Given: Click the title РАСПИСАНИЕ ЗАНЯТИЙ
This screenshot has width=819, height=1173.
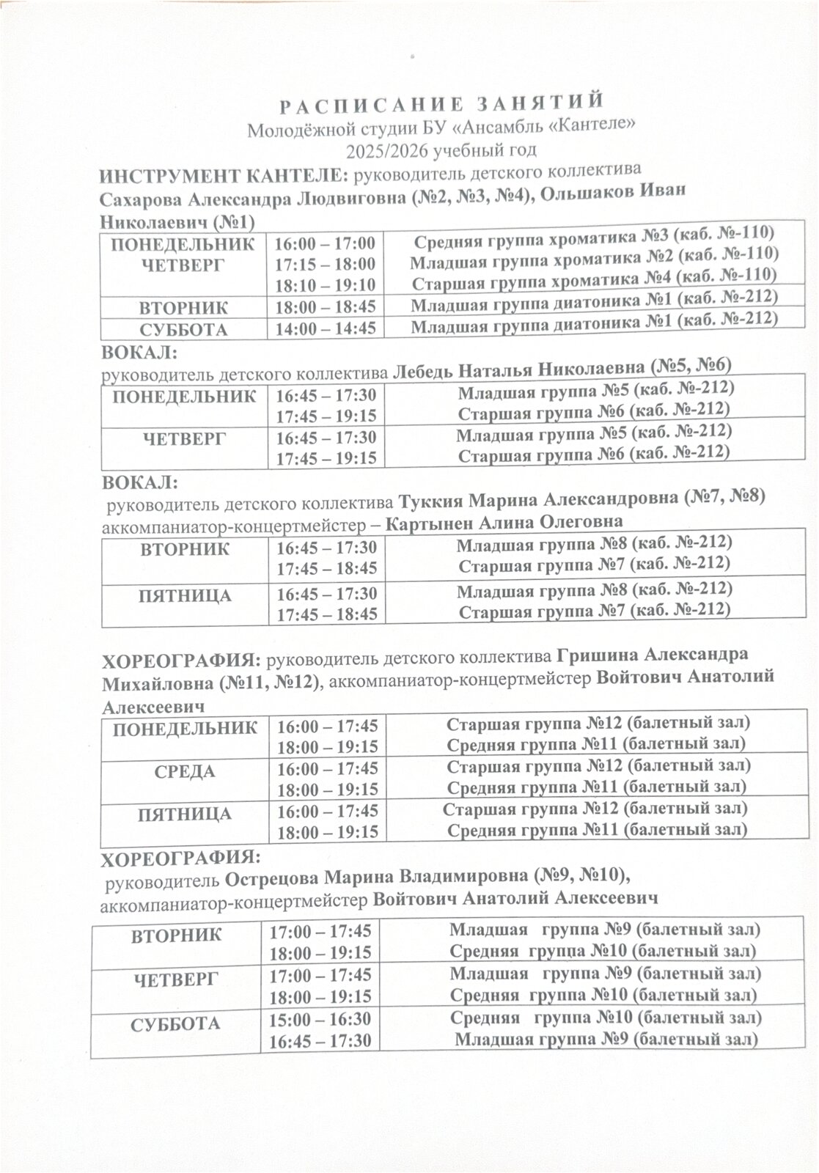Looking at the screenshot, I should [x=442, y=103].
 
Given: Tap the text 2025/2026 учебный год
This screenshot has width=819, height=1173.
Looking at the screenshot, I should [x=442, y=151].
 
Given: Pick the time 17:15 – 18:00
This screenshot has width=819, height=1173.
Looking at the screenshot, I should [x=325, y=264].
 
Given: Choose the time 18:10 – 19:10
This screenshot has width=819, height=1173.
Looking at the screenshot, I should [x=325, y=284].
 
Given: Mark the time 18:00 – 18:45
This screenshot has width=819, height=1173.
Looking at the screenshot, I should [x=326, y=306].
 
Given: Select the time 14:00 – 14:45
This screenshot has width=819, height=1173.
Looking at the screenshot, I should [x=326, y=328].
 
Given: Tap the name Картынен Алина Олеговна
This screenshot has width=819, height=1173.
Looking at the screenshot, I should [x=504, y=523].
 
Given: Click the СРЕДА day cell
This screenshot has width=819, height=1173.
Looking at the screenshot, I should [x=185, y=772].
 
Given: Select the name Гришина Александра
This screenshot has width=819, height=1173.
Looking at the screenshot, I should [x=653, y=655].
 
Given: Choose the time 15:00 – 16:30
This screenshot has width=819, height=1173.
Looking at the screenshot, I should [x=320, y=1019].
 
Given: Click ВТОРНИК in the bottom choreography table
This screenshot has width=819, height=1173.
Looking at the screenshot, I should [x=176, y=935].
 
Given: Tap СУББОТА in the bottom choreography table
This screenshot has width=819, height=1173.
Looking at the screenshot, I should [x=175, y=1025].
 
